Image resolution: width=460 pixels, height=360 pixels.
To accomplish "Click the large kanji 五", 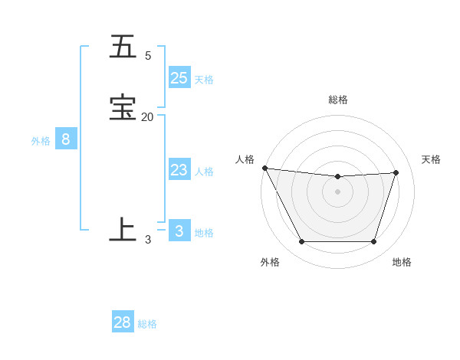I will pyautogui.click(x=123, y=47).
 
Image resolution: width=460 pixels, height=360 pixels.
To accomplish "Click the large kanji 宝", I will pyautogui.click(x=123, y=108).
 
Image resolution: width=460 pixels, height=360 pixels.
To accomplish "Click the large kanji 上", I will pyautogui.click(x=123, y=229).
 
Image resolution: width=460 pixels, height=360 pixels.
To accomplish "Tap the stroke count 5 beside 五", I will pyautogui.click(x=148, y=55).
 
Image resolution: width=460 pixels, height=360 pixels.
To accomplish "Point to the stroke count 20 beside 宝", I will pyautogui.click(x=147, y=116).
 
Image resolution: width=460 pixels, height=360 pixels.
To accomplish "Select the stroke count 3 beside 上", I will pyautogui.click(x=148, y=239).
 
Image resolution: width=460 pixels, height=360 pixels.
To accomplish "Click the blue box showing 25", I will pyautogui.click(x=179, y=77).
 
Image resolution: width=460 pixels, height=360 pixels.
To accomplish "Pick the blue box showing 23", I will pyautogui.click(x=179, y=170).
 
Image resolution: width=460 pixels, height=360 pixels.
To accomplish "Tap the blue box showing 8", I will pyautogui.click(x=66, y=139).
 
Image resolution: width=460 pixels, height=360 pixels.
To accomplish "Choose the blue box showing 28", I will pyautogui.click(x=123, y=322).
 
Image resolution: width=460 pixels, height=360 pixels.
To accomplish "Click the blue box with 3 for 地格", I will pyautogui.click(x=179, y=231).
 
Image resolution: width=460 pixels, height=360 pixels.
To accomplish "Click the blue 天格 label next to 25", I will pyautogui.click(x=204, y=80).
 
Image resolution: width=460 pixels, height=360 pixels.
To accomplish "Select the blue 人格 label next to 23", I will pyautogui.click(x=205, y=172).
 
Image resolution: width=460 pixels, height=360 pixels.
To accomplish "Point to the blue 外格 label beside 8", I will pyautogui.click(x=41, y=141).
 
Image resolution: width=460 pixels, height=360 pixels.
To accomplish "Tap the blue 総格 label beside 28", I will pyautogui.click(x=147, y=324).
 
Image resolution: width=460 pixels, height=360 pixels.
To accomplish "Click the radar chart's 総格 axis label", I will pyautogui.click(x=338, y=100).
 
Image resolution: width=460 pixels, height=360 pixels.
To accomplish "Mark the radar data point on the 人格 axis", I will pyautogui.click(x=265, y=168).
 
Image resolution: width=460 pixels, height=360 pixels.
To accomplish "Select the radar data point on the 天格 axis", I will pyautogui.click(x=396, y=173).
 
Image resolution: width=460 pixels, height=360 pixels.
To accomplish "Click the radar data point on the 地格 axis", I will pyautogui.click(x=374, y=242).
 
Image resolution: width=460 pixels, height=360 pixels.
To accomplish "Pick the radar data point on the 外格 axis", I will pyautogui.click(x=301, y=242).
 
